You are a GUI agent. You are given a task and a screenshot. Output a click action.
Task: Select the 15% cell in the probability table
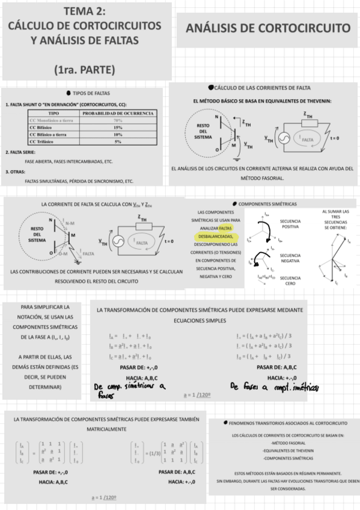118,127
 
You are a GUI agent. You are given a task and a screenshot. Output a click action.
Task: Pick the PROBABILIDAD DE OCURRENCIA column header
118,113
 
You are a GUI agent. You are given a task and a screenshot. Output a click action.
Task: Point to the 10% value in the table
118,135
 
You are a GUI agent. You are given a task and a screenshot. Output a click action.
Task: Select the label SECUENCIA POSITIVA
290,224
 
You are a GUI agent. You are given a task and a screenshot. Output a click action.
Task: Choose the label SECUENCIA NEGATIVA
290,258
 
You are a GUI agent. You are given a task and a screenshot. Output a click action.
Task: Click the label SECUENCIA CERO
290,280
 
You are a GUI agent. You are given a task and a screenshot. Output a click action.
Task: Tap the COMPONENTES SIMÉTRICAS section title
271,204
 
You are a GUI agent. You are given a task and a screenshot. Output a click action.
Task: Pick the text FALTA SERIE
24,153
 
